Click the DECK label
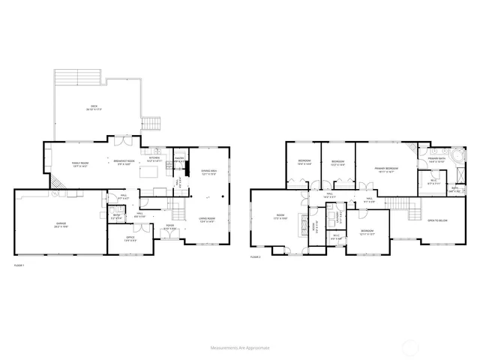94,107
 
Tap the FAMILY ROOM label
80,163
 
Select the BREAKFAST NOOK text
124,161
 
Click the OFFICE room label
130,238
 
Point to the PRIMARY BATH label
436,159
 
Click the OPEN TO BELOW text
437,220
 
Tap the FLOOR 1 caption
19,265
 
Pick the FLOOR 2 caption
255,257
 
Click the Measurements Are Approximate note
240,348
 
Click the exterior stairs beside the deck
153,122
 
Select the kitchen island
154,172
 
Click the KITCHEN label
154,158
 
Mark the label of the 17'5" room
280,217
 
